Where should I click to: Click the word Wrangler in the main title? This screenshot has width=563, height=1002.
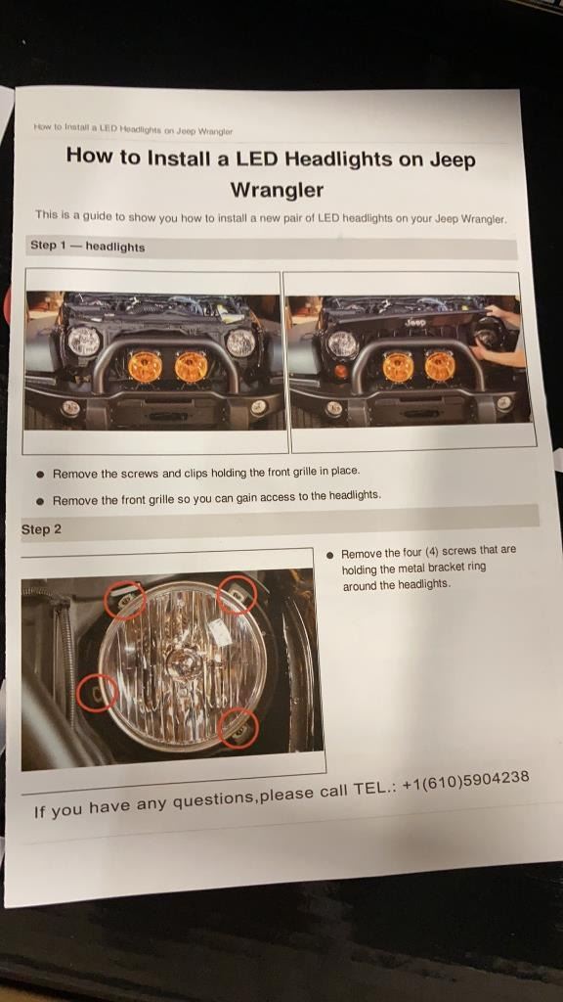[277, 190]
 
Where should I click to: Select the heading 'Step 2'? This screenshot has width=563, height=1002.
[41, 529]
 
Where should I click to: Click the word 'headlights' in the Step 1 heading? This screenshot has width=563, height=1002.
[115, 247]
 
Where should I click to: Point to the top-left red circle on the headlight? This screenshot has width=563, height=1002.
[124, 600]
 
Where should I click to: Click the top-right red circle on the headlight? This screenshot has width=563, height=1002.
[237, 594]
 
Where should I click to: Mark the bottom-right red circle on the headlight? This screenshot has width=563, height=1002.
[238, 728]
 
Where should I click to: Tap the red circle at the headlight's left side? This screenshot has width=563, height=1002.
[97, 693]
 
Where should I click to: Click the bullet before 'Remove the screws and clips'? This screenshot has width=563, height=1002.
[41, 475]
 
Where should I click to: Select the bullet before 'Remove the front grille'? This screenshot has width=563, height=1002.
[41, 501]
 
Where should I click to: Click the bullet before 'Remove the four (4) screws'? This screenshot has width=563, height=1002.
[329, 555]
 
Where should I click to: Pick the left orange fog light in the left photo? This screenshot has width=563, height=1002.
[145, 367]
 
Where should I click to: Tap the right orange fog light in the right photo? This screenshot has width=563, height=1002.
[440, 366]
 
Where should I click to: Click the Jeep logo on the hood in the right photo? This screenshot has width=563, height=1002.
[414, 323]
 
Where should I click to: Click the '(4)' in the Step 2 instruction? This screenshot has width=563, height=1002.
[431, 552]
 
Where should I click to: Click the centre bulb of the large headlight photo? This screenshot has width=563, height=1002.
[181, 665]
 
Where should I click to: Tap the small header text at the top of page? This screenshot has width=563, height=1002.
[133, 129]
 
